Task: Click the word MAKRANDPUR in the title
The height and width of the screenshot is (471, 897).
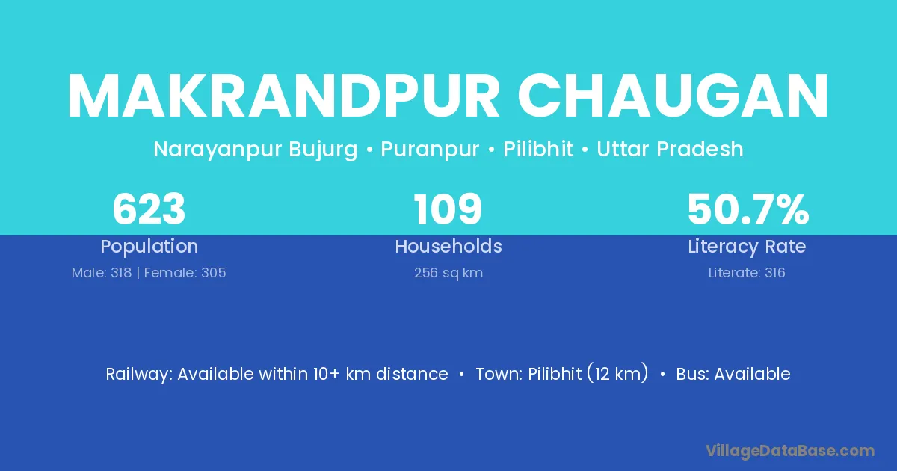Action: coord(283,96)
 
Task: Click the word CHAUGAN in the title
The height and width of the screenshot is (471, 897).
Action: coord(673,96)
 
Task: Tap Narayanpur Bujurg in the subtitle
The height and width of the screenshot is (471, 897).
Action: coord(256,150)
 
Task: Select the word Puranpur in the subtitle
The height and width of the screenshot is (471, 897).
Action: coord(430,150)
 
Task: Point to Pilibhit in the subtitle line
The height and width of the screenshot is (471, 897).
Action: coord(537,149)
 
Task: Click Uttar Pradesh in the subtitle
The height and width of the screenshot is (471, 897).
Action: coord(670,149)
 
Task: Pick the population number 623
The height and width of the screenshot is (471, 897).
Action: coord(149,209)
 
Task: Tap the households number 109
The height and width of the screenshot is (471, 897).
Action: coord(448,209)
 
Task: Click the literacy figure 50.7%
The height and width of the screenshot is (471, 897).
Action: coord(748,209)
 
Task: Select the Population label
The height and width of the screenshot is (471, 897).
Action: coord(149,247)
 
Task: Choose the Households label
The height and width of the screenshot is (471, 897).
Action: coord(449,246)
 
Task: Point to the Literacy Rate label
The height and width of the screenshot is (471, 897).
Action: coord(747,247)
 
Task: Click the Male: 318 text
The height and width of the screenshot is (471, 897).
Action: coord(102,273)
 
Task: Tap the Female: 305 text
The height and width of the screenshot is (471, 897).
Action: coord(185,273)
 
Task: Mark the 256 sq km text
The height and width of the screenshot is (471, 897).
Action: coord(449,273)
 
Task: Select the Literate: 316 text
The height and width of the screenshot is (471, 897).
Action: coord(747,273)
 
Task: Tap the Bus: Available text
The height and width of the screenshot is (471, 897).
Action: coord(733,374)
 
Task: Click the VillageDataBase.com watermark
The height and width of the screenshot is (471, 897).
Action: coord(790,451)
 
